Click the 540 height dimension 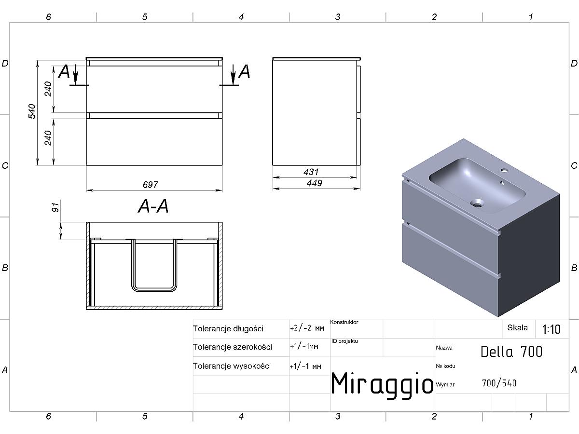(32, 111)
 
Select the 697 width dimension (151, 185)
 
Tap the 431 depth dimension (311, 172)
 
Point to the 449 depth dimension (315, 183)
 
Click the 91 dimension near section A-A (55, 207)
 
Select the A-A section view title (153, 206)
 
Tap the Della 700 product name (511, 352)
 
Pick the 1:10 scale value (551, 329)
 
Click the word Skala (518, 328)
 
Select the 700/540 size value (499, 383)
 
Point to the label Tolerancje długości (228, 328)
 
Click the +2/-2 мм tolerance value (307, 328)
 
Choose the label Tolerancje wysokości (232, 366)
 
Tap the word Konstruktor (344, 322)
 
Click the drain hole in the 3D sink (477, 203)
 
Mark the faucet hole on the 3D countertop (504, 170)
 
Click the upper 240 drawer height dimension (48, 89)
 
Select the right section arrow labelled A (233, 75)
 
